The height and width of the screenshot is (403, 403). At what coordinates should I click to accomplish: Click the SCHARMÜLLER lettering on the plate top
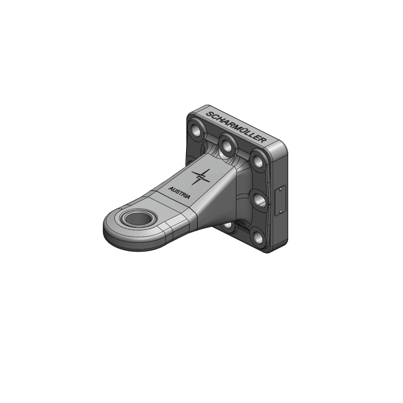(236, 126)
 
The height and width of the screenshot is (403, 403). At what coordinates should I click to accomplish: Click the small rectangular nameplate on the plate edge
(281, 200)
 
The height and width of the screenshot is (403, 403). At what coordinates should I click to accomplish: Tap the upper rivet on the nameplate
(281, 189)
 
